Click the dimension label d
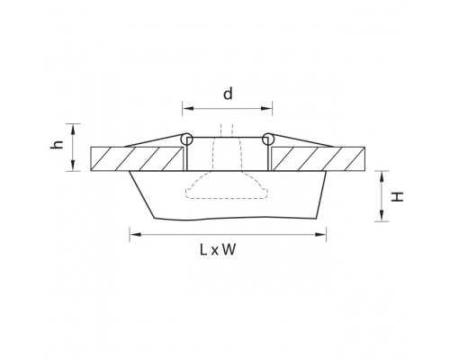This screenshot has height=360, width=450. coord(228,94)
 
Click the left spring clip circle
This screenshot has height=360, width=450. coord(186,139)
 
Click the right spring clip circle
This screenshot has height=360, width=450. coord(267,139)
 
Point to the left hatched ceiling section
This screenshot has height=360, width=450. coord(135,157)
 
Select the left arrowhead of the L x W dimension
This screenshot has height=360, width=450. coord(134,237)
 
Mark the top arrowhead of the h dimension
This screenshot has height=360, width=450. coord(76,127)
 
